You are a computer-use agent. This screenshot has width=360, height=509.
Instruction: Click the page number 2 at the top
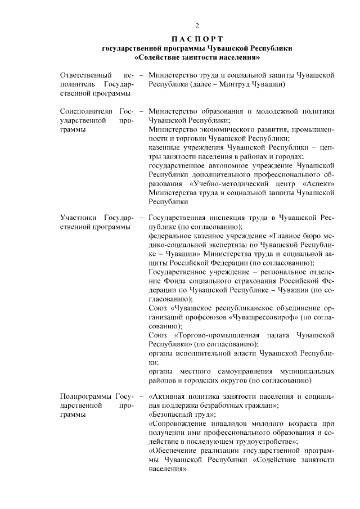[197, 25]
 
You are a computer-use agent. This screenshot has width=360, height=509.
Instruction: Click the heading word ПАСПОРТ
[197, 39]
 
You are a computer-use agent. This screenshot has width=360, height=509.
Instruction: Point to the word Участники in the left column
[78, 217]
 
